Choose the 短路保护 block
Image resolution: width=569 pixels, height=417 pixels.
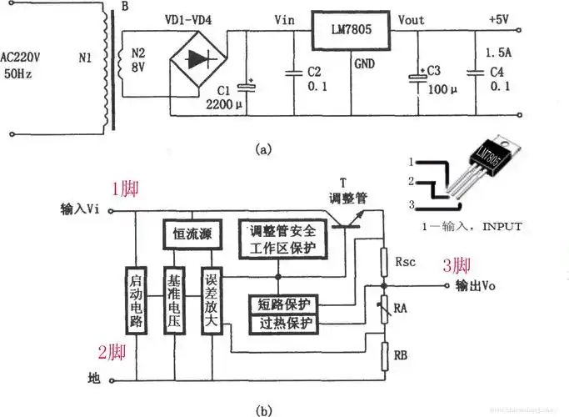pyautogui.click(x=283, y=305)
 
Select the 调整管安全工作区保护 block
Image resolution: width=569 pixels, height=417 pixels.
pyautogui.click(x=290, y=240)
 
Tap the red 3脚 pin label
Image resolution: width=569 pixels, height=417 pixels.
pyautogui.click(x=457, y=266)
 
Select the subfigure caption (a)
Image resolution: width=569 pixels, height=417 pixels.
pyautogui.click(x=263, y=149)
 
